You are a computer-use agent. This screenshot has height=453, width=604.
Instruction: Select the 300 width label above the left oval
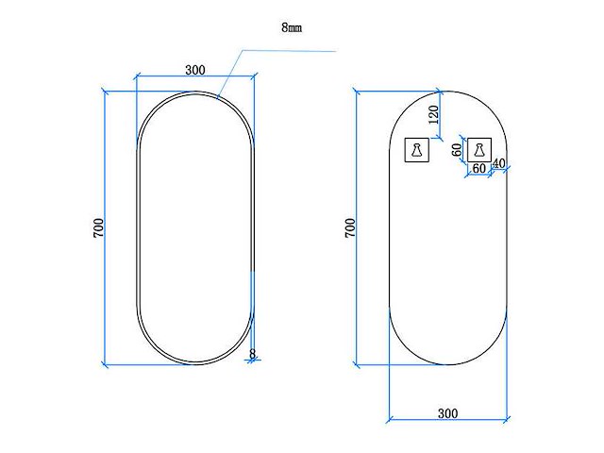(x=195, y=70)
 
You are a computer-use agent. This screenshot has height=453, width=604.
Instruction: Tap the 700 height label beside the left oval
(x=98, y=227)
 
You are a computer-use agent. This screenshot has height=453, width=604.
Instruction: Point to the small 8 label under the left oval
(x=251, y=354)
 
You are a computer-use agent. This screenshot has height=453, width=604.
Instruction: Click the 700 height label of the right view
(x=350, y=227)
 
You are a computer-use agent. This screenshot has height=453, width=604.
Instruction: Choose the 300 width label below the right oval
(x=447, y=413)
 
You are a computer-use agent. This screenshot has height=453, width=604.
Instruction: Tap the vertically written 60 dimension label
(x=457, y=149)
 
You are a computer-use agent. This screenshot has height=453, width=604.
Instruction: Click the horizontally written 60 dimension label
(x=478, y=168)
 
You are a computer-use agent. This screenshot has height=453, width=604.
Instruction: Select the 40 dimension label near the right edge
(x=499, y=164)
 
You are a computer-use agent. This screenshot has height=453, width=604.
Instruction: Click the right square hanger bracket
(x=479, y=148)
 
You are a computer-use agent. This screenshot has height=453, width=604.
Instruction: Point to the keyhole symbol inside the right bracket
(x=479, y=148)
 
